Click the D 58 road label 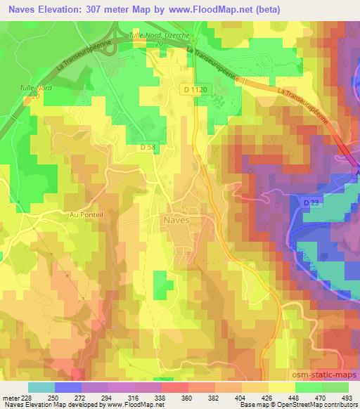click(146, 147)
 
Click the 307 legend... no click(116, 7)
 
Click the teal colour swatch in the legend click(41, 387)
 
